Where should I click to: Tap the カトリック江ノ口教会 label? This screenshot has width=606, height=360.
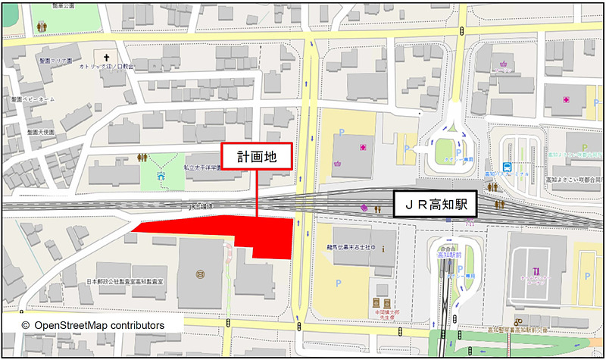tap(107, 67)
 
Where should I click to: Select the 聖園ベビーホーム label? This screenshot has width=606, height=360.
tap(33, 99)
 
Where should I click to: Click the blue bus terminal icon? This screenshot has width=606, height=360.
tap(507, 167)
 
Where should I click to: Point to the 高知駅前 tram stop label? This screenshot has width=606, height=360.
tap(450, 255)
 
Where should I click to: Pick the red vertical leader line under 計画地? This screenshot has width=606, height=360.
tap(258, 193)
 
